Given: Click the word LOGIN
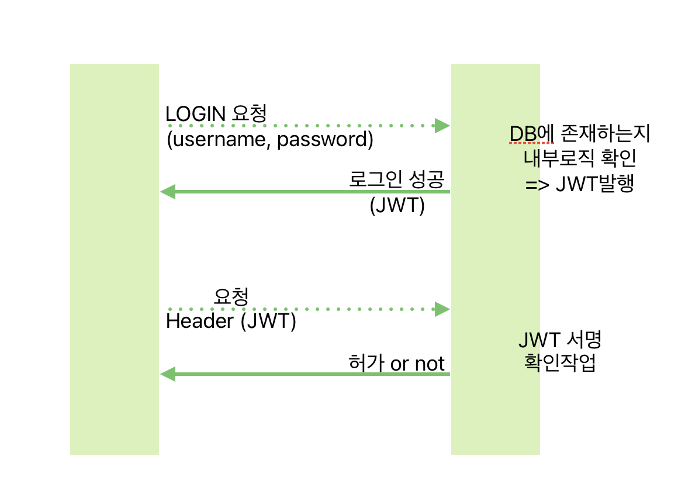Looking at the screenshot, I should pos(196,113).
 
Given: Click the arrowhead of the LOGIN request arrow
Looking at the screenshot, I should pos(442,126).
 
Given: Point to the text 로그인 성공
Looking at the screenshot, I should pos(400,178).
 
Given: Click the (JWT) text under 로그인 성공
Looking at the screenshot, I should pos(397,206).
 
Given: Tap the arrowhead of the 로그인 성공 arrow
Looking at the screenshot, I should pos(168,192).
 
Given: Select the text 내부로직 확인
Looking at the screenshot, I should pos(579,159).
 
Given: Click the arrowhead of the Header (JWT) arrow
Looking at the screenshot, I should pos(442,309).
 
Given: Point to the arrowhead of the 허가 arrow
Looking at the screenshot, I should pos(168,374).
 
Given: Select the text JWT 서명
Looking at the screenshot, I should pos(560,339).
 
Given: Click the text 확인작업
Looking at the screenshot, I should pos(560,363).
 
